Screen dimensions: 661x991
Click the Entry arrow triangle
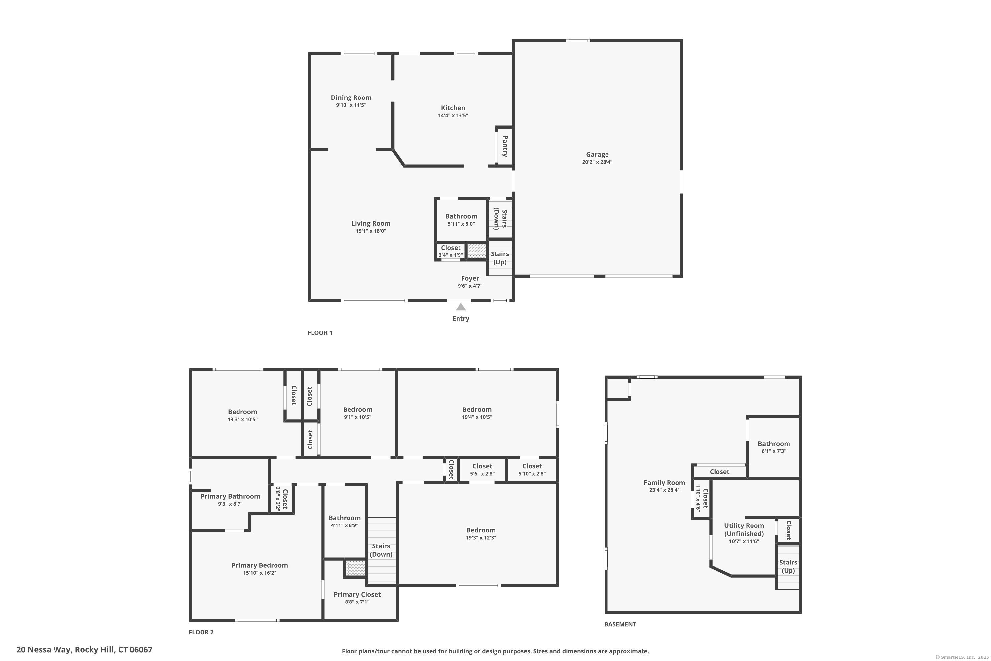point(460,307)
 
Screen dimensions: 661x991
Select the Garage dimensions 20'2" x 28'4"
point(597,162)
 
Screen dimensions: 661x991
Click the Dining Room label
point(351,97)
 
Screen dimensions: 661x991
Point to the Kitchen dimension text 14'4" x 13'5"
point(453,115)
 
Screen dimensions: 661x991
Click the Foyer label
point(470,278)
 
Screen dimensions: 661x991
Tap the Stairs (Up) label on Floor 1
point(500,258)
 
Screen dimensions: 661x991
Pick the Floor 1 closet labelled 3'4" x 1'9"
point(451,251)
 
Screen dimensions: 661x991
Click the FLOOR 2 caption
point(201,632)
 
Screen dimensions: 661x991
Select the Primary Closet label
point(357,594)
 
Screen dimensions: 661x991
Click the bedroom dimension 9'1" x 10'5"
point(357,417)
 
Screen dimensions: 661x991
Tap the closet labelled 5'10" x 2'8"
point(532,470)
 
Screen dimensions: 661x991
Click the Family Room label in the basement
point(664,483)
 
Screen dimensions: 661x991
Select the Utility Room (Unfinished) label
point(744,529)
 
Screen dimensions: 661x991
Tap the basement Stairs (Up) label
point(788,566)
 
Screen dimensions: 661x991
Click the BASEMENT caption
point(620,624)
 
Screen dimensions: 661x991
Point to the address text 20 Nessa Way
point(84,650)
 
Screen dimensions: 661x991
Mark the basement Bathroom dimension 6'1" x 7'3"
point(774,451)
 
